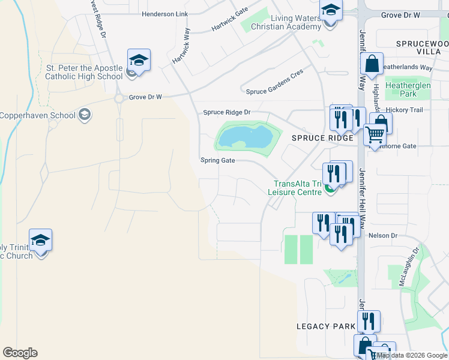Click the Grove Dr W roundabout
[x=119, y=98]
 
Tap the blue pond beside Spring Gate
[x=244, y=138]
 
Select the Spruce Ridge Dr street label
[x=226, y=112]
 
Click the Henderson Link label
[x=164, y=14]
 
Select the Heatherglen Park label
[x=409, y=90]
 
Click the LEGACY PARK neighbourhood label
[x=321, y=326]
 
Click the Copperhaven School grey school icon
[x=85, y=115]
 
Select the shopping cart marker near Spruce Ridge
[x=375, y=135]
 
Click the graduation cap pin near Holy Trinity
[x=40, y=240]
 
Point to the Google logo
[x=20, y=353]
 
